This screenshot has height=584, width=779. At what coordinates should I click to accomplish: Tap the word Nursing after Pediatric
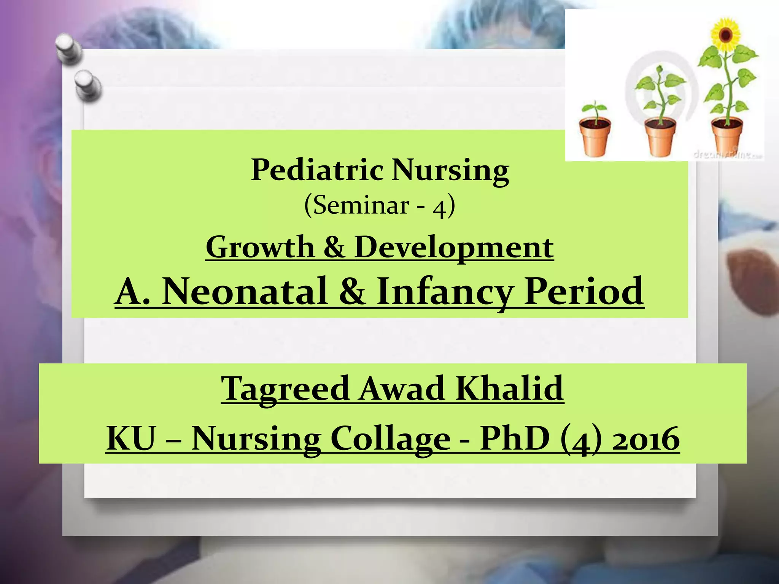450,170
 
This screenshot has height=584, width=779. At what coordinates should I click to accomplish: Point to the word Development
454,247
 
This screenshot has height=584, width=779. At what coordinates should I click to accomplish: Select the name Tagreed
285,389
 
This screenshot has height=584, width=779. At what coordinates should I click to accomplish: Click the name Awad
402,389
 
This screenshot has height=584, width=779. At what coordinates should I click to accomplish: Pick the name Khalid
510,389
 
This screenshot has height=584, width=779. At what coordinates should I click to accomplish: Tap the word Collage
391,438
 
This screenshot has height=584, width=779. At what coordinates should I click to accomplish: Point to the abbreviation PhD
515,438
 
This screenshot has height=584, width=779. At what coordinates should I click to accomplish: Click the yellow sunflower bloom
726,35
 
